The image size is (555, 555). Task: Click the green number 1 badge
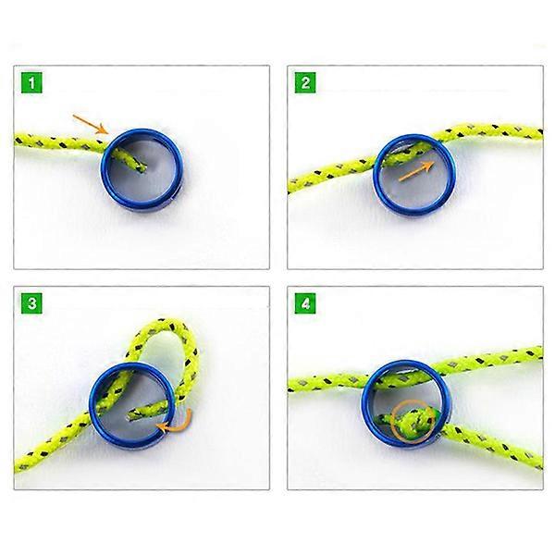pos(31,83)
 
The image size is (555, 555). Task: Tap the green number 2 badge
pos(305,83)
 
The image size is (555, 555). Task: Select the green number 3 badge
pos(31,303)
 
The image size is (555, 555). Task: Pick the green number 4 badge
pos(305,303)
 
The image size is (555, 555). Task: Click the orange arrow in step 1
pos(91,124)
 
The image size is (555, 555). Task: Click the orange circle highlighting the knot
pos(413,422)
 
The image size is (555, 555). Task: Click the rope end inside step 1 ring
pos(131,160)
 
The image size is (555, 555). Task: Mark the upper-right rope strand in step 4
pos(488,361)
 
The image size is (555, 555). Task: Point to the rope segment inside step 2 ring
pos(407,153)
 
